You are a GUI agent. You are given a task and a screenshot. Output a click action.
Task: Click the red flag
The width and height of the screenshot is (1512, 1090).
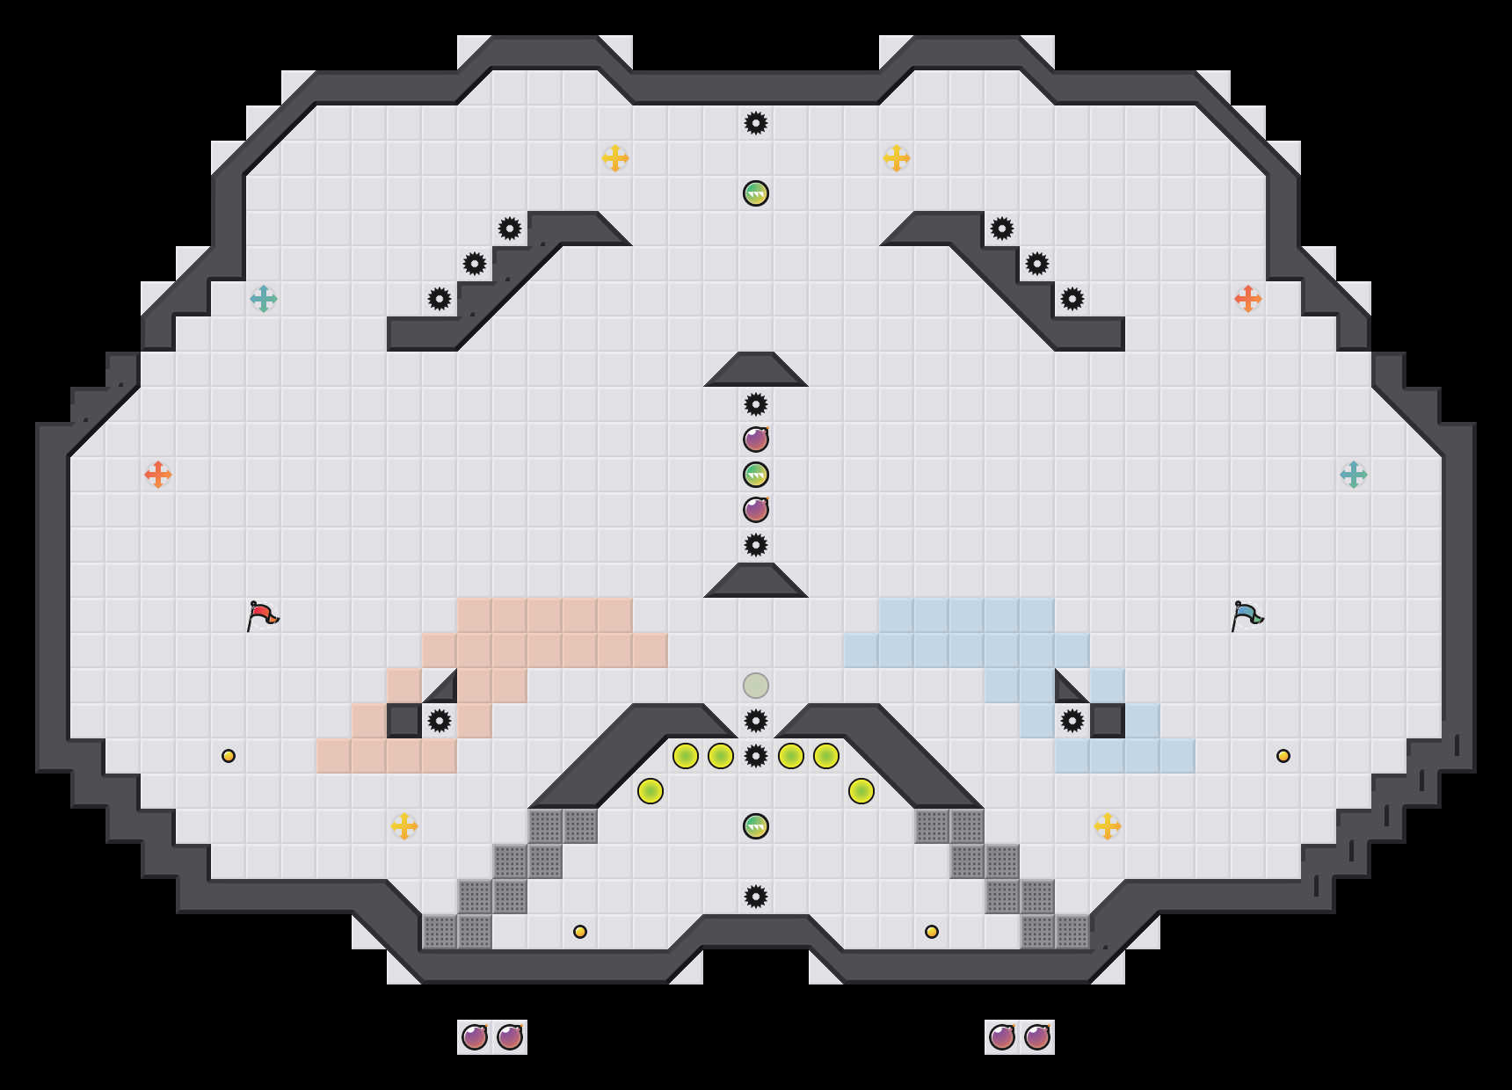pos(262,615)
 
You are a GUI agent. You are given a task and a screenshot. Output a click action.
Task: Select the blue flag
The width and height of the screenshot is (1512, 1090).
pos(1247,615)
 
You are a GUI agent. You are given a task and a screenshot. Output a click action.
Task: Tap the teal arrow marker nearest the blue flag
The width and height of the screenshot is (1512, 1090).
pos(1354,475)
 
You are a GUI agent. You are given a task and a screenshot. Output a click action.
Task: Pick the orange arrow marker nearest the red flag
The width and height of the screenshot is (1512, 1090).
pos(158,475)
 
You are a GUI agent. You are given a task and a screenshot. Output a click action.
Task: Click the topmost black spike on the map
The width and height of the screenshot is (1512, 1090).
pos(756,123)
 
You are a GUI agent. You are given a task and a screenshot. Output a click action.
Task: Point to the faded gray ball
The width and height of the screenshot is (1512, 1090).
pos(756,686)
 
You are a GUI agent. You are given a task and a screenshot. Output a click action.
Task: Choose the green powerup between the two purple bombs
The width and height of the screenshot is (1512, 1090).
pos(756,475)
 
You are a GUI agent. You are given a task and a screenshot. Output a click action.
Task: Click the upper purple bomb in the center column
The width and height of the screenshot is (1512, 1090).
pos(756,440)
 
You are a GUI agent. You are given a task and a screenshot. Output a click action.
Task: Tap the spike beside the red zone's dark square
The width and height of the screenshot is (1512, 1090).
pos(440,721)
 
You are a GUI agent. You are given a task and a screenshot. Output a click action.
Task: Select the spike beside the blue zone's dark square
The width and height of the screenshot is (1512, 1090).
pos(1072,721)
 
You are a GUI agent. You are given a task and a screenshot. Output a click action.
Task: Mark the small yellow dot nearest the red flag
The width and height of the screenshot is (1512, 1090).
pos(229,756)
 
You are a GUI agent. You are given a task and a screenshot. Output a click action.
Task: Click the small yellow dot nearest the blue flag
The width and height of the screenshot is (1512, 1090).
pos(1283,756)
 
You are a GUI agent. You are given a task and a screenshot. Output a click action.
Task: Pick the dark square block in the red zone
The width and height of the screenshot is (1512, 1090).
pos(404,721)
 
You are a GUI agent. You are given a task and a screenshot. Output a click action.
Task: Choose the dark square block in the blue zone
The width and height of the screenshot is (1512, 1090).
pos(1108,721)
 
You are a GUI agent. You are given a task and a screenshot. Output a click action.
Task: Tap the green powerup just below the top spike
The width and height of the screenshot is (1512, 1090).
pos(756,193)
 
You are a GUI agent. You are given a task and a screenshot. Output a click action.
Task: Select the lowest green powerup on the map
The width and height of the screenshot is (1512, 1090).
pos(756,826)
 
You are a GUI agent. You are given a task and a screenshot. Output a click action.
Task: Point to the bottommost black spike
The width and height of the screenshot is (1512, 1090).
pos(756,897)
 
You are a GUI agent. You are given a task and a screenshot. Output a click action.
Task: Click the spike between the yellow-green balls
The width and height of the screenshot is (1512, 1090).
pos(756,756)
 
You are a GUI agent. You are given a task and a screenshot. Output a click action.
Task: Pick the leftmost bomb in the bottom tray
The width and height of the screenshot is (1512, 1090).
pos(475,1037)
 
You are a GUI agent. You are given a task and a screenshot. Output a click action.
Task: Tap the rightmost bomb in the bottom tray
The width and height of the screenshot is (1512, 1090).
pos(1037,1037)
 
